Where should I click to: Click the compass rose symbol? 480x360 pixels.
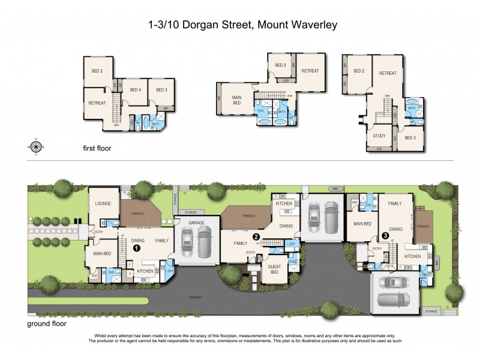point(36,146)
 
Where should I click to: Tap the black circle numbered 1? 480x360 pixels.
point(136,247)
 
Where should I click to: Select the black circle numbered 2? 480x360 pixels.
point(256,236)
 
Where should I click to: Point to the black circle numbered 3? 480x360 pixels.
point(385,244)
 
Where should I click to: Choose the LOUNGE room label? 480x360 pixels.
point(103,204)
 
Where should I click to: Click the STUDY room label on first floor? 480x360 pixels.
point(379,136)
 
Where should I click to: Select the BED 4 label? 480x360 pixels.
point(136,90)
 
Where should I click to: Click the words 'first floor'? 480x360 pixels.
point(97,148)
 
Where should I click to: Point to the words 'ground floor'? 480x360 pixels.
point(47,323)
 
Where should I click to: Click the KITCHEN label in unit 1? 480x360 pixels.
point(145,271)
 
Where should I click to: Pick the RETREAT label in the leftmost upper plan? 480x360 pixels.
point(97,103)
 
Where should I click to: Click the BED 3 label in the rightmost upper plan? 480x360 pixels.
point(410,137)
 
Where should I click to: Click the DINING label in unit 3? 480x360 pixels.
point(395,228)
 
